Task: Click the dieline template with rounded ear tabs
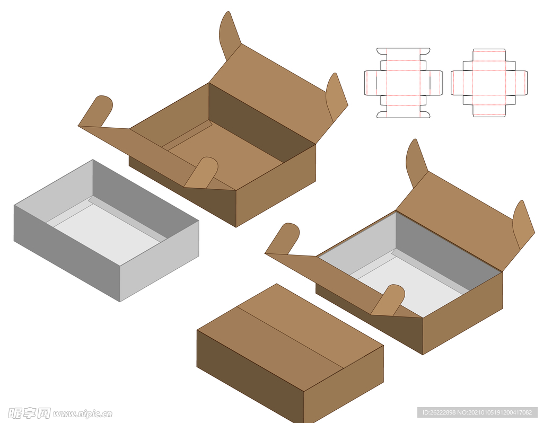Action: [x=404, y=83]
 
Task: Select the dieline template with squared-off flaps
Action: [x=489, y=83]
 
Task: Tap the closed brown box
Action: [x=290, y=353]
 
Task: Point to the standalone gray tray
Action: [x=106, y=230]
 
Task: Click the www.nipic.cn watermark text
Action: [x=82, y=413]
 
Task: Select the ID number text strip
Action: [x=477, y=412]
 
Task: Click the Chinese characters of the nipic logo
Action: [x=29, y=413]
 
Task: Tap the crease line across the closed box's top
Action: [x=290, y=337]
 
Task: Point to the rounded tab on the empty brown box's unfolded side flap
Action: [x=97, y=111]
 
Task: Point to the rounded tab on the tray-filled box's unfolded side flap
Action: [x=284, y=239]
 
